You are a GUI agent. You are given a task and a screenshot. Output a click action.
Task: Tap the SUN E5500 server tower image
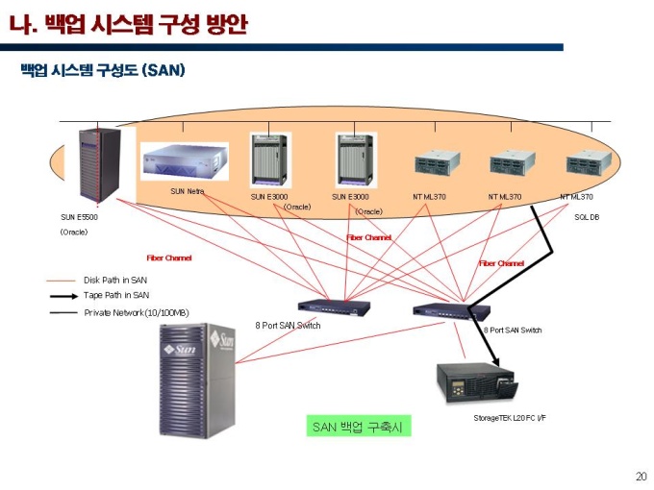coord(99,164)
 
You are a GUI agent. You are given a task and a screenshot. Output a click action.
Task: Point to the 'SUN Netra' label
coord(188,191)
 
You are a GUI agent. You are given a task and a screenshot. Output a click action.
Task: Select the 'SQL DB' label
coord(587,217)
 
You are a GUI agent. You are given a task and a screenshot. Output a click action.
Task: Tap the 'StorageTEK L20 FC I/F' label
coord(509,418)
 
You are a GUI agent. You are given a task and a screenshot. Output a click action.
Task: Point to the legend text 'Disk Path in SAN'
coord(115,280)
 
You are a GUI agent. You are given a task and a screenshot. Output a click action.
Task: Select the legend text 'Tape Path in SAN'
coord(116,296)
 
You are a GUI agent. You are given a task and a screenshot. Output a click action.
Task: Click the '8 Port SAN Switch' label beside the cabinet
coord(288,326)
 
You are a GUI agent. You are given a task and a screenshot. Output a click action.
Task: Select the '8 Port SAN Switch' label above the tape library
coord(513,331)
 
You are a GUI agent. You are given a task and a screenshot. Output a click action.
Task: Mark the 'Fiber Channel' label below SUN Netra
coord(168,257)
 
